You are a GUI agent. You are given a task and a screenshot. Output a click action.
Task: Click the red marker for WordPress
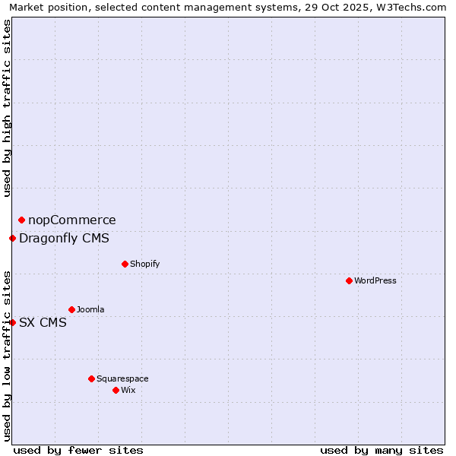coord(349,280)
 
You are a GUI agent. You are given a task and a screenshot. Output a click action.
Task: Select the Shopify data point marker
coord(125,264)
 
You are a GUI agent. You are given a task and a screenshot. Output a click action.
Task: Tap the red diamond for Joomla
coord(71,309)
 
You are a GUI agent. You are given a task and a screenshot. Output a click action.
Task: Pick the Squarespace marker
coord(91,378)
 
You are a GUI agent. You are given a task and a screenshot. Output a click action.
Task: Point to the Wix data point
coord(116,390)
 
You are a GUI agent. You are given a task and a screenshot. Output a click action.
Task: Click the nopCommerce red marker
coord(21,220)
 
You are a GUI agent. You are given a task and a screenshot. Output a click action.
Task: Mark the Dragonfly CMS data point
coord(12,238)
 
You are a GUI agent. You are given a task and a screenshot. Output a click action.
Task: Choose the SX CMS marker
coord(12,322)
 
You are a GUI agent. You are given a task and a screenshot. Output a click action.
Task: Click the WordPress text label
coord(375,280)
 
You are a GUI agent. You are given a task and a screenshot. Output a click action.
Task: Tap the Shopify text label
coord(144,264)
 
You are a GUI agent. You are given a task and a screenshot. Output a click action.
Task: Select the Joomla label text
coord(90,309)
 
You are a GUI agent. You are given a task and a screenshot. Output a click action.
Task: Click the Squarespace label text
coord(122,378)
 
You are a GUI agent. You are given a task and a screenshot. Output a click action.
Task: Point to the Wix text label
coord(128,390)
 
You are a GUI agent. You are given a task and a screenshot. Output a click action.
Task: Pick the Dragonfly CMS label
coord(64,239)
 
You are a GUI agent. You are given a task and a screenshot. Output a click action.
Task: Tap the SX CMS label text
coord(43,322)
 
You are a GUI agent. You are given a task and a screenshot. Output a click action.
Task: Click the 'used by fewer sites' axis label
coord(78,450)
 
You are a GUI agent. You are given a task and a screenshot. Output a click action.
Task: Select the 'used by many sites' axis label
coord(382,450)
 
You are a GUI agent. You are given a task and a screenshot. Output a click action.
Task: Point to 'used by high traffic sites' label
coord(8,108)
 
